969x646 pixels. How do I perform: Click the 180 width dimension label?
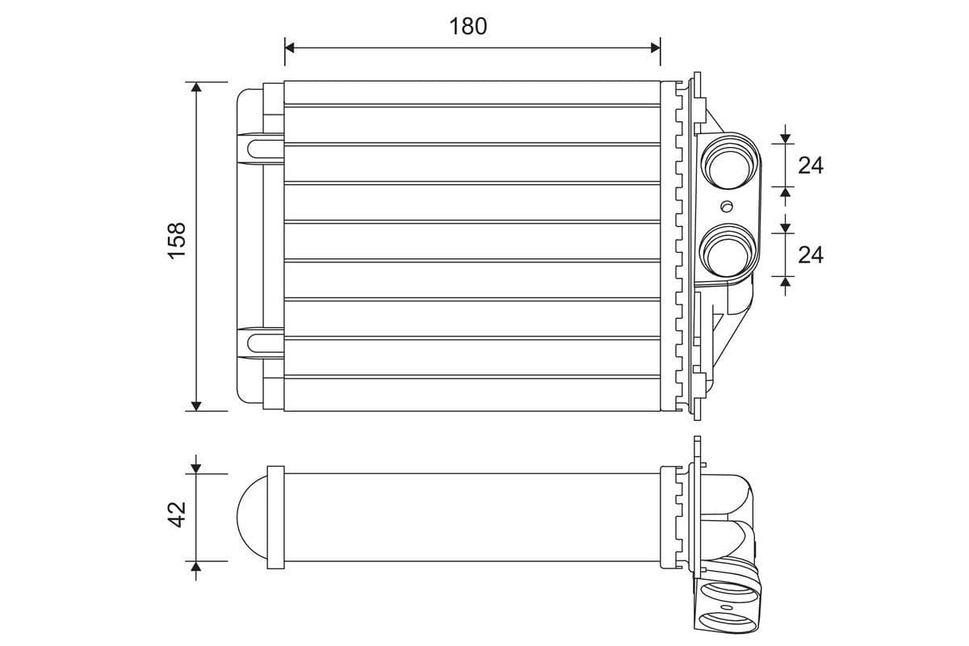coord(468,27)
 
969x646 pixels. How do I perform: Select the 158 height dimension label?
coord(177,240)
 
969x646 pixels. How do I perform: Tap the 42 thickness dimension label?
coord(177,514)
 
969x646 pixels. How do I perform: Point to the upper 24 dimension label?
coord(810,166)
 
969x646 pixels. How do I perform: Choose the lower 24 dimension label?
coord(810,254)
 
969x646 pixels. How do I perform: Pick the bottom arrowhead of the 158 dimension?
coord(195,405)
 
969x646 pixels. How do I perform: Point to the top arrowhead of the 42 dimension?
coord(195,468)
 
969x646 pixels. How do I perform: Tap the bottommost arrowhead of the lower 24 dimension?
coord(785,282)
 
